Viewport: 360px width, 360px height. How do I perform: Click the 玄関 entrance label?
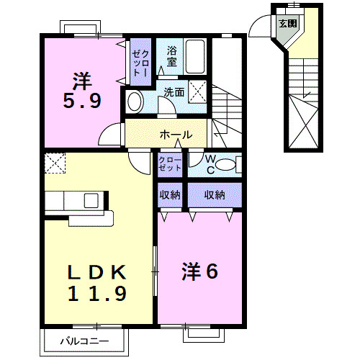point(288,24)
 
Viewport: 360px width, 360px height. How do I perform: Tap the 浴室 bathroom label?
point(172,56)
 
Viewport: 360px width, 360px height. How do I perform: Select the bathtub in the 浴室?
point(195,57)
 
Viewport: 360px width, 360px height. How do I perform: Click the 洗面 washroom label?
point(174,92)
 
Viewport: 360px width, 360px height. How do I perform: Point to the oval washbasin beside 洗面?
point(135,102)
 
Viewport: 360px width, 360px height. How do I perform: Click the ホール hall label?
point(176,135)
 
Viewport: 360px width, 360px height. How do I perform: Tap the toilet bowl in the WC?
point(225,165)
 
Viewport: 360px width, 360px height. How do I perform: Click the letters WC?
point(211,164)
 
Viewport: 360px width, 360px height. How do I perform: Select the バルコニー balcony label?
point(84,341)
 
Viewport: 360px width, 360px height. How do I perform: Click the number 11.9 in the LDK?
point(97,293)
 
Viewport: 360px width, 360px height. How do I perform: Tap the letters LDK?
point(97,272)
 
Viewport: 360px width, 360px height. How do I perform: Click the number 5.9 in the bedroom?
point(82,100)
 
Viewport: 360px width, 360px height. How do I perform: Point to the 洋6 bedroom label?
point(200,271)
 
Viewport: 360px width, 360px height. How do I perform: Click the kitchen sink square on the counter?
point(91,200)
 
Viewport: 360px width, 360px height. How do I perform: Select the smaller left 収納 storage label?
point(170,195)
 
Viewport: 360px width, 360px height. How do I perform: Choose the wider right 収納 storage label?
point(215,195)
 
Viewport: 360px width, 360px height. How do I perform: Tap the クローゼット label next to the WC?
point(170,164)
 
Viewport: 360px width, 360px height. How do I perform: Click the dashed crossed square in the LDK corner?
point(55,163)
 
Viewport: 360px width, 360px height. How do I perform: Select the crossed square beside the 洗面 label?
point(197,91)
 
